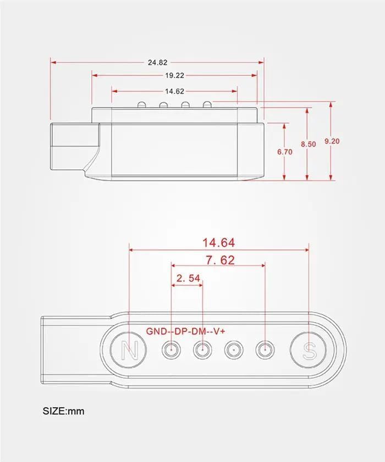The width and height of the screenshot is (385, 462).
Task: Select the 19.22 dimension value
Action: click(x=174, y=76)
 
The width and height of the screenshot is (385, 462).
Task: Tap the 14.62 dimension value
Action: click(x=174, y=91)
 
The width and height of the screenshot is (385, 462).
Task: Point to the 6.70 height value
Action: click(x=285, y=152)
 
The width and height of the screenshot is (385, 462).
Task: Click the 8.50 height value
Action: click(x=308, y=144)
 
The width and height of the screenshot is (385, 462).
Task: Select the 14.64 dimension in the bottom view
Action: click(x=218, y=242)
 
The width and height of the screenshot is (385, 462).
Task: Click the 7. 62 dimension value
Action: click(x=218, y=260)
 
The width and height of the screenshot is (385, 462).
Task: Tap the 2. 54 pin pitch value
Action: click(x=188, y=279)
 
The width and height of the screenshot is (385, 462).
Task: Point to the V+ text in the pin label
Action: click(x=220, y=331)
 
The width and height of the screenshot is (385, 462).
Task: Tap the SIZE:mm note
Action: click(x=64, y=410)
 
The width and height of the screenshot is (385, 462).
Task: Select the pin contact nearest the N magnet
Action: click(x=172, y=349)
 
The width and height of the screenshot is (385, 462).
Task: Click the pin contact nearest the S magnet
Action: click(x=265, y=349)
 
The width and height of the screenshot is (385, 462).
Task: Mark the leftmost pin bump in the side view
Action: click(x=141, y=104)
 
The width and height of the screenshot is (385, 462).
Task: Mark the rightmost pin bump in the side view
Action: click(x=207, y=104)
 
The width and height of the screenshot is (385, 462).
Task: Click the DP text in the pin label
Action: click(x=182, y=331)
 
